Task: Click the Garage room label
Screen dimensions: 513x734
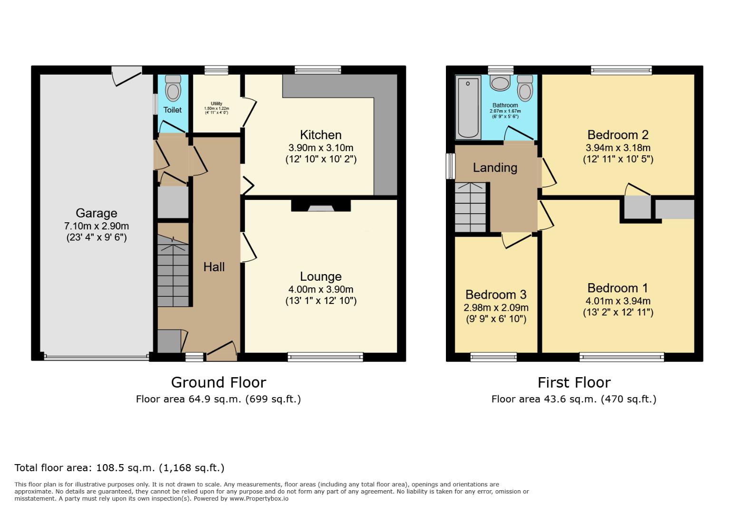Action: tap(96, 213)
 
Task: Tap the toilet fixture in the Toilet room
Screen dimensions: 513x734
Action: tap(173, 88)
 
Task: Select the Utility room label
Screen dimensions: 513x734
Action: tap(216, 104)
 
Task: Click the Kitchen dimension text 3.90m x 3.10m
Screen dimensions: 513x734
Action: tap(320, 148)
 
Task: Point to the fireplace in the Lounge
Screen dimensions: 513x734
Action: tap(321, 207)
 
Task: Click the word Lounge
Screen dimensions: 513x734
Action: tap(320, 276)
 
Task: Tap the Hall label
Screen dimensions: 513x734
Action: tap(214, 267)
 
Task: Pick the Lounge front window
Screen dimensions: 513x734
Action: tap(325, 357)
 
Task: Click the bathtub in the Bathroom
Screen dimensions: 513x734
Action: tap(468, 107)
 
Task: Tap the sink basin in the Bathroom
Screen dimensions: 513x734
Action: tap(500, 84)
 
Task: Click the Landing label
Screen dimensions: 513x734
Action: tap(495, 168)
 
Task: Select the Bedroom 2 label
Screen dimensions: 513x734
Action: tap(618, 135)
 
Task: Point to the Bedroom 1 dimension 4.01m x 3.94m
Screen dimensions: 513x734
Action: tap(618, 301)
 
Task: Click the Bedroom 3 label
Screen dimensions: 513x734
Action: tap(495, 295)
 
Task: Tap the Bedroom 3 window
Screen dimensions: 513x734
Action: tap(493, 357)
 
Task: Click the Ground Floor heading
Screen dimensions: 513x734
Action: tap(218, 382)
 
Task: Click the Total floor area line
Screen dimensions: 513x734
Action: tap(119, 468)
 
